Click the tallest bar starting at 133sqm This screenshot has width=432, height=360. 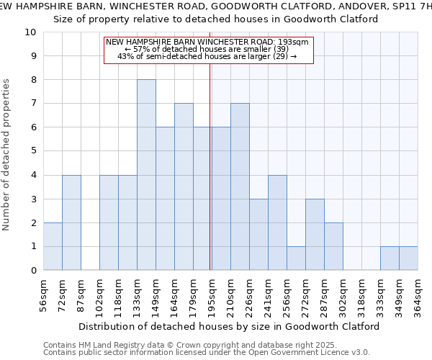[146, 175]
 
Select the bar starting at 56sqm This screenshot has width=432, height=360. [53, 246]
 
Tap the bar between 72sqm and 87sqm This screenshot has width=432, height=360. [71, 222]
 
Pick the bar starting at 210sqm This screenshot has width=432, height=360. [240, 186]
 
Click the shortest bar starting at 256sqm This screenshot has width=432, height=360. [296, 258]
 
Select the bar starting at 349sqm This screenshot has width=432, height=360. [408, 258]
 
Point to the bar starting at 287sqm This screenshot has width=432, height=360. [333, 246]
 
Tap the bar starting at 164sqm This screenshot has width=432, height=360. [184, 186]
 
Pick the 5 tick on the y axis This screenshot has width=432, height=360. [34, 151]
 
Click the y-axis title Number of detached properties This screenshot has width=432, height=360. [7, 156]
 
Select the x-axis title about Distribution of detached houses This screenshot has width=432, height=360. [229, 326]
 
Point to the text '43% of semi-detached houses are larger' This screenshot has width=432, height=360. [207, 56]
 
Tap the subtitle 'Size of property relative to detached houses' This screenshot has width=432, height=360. [216, 19]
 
